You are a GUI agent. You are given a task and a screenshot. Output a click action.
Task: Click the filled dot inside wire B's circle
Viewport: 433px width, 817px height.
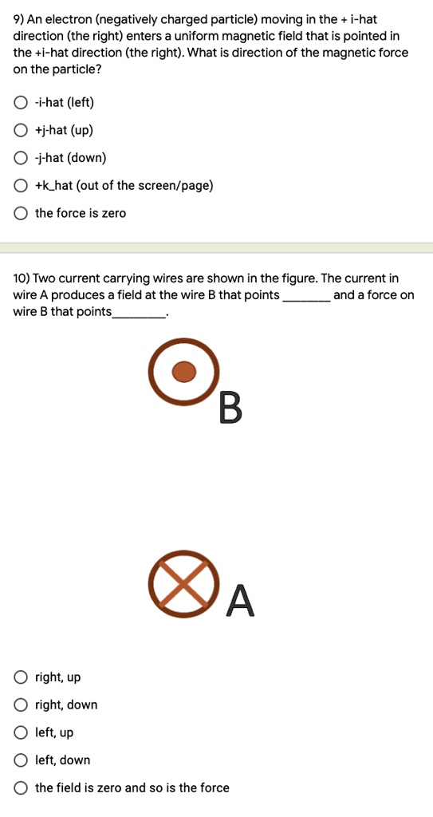click(184, 371)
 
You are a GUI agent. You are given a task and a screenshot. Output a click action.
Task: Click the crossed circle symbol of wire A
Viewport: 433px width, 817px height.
click(184, 583)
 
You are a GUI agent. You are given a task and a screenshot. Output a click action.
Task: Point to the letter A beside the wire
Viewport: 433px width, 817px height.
click(241, 601)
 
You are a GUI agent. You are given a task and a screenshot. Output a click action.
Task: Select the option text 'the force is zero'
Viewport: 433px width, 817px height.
click(81, 213)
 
